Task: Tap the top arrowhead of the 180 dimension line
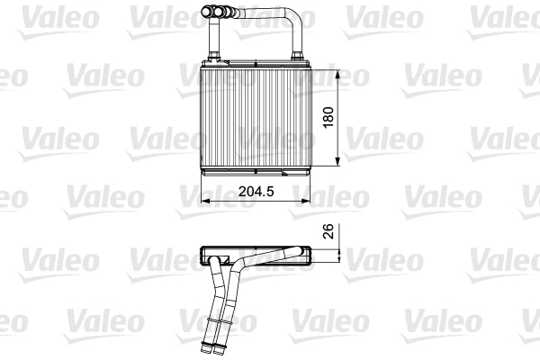pos(337,72)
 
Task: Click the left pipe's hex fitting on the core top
pos(215,59)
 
